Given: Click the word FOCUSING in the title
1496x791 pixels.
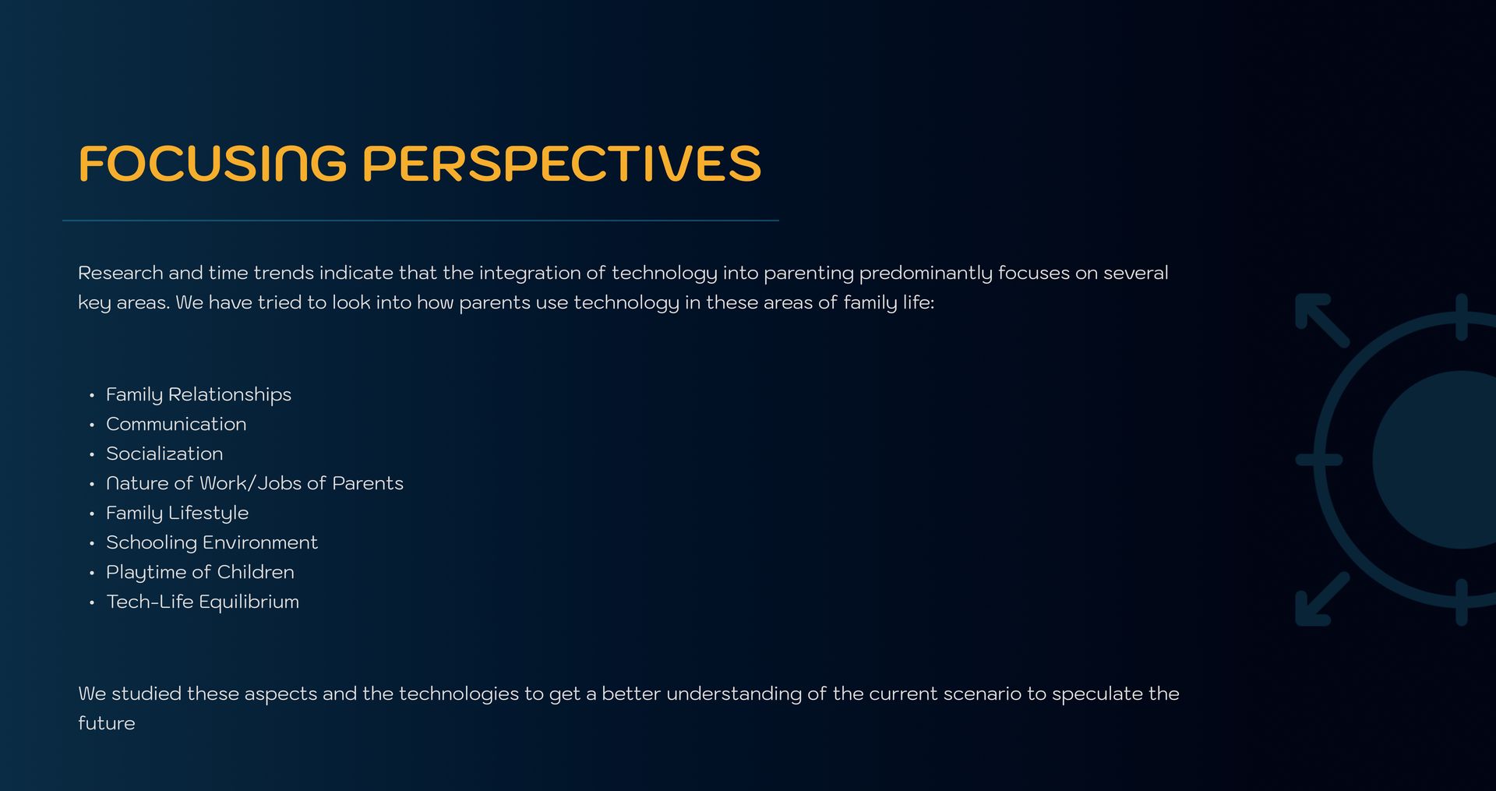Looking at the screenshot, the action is (x=213, y=164).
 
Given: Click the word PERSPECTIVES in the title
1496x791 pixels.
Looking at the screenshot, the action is (x=562, y=164).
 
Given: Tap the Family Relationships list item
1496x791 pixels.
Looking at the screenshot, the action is (x=199, y=395).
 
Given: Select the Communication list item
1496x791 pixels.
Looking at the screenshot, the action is (x=176, y=424).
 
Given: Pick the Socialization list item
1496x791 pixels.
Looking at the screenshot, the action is (x=164, y=454).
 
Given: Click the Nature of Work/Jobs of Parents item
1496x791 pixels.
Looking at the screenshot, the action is (x=255, y=483).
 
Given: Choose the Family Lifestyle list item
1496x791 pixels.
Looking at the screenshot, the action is (x=178, y=514).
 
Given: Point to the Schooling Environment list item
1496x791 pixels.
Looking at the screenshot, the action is (x=212, y=543).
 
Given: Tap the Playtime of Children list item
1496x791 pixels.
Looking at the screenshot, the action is (x=200, y=573).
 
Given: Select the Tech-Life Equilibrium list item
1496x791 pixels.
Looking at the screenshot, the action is (x=203, y=602).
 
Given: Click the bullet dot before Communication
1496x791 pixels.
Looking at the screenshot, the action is (x=92, y=426).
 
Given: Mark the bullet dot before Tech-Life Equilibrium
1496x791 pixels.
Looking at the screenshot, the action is (x=92, y=603).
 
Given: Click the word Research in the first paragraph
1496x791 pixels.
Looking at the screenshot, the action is (x=121, y=273).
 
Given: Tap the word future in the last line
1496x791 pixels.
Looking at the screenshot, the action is (x=107, y=723).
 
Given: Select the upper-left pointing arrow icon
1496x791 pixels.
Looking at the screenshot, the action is (x=1321, y=320).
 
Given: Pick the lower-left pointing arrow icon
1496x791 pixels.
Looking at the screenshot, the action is (x=1321, y=599).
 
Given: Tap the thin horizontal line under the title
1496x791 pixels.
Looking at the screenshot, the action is (x=421, y=221).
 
